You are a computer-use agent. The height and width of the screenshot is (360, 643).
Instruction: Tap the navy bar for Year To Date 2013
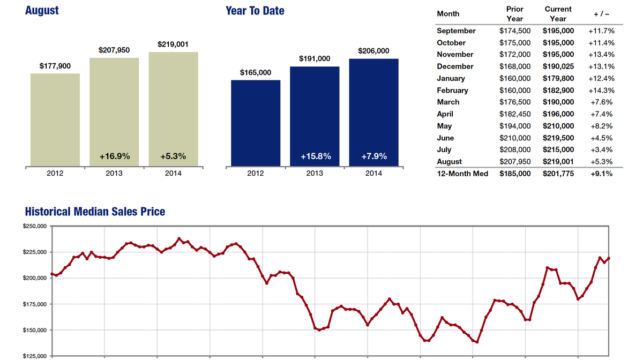click(x=315, y=116)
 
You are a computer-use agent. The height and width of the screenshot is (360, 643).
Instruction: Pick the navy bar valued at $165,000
click(x=256, y=123)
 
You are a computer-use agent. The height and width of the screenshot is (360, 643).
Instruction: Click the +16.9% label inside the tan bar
click(x=115, y=156)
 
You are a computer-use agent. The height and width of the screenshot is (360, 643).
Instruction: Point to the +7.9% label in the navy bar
click(x=373, y=156)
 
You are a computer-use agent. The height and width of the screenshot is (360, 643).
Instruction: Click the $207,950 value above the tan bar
click(x=114, y=50)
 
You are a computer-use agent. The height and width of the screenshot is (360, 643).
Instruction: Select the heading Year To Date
click(x=255, y=11)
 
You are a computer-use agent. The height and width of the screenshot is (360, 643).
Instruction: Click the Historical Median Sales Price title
click(x=95, y=212)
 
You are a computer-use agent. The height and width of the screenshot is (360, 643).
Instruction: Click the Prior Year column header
click(x=514, y=14)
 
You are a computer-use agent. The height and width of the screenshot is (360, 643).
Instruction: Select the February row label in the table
click(x=452, y=90)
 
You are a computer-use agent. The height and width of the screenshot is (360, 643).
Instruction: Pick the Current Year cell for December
click(x=558, y=66)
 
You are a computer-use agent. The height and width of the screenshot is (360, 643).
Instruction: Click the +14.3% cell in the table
click(x=601, y=90)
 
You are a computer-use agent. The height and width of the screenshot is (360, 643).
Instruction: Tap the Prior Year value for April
click(x=514, y=114)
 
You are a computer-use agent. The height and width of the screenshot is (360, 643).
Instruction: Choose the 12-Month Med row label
click(x=462, y=174)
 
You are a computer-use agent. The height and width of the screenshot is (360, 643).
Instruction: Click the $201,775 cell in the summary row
click(x=558, y=174)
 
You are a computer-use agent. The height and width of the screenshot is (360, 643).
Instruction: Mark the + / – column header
click(x=601, y=14)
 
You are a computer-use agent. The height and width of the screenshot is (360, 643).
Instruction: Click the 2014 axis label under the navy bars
click(x=373, y=174)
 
